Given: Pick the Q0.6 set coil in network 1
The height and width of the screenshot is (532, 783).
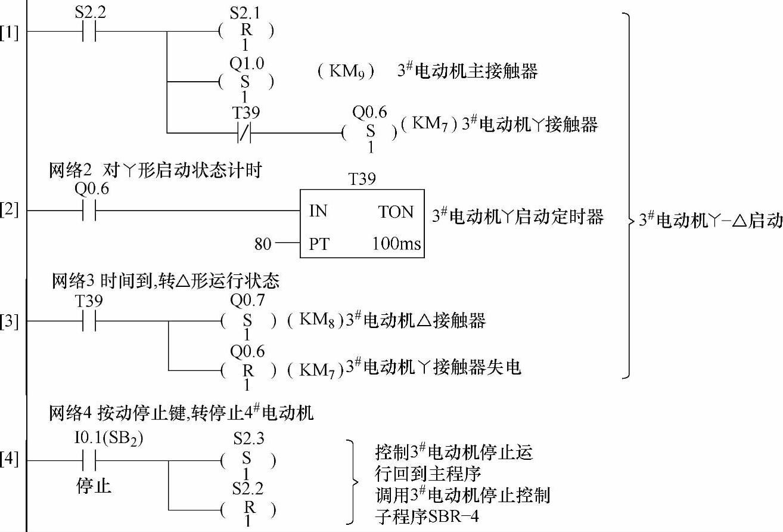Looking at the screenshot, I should [370, 132].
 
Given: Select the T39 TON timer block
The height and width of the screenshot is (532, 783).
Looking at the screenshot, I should [362, 223].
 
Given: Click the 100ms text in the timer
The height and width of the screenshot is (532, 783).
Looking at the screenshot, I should [397, 243].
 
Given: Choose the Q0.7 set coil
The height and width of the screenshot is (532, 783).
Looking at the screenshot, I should [248, 321].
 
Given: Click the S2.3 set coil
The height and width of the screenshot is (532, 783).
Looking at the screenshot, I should [248, 461].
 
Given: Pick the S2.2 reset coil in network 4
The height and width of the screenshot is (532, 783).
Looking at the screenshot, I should [248, 510].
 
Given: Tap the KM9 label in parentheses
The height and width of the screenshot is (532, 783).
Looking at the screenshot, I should [346, 72].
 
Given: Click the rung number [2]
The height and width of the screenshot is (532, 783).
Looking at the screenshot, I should [10, 211].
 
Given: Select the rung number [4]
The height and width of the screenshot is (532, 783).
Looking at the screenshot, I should [10, 460].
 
